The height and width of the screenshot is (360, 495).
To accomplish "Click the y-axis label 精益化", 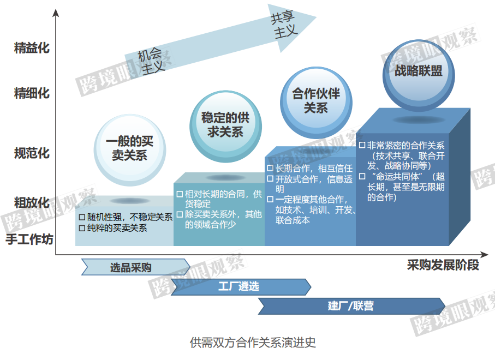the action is pos(32,48).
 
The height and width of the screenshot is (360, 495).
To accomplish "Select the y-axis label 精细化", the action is pos(32,93).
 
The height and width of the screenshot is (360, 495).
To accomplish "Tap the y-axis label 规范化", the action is pos(32,153).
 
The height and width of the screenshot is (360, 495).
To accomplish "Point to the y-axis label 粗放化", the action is pos(32,202).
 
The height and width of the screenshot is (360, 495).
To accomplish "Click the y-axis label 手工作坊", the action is pos(29,239).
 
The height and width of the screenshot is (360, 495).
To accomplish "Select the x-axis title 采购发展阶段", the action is pos(443,265).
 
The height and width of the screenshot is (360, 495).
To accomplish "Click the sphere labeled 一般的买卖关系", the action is pos(130,150).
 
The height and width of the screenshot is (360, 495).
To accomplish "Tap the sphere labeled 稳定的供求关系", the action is pos(225,127).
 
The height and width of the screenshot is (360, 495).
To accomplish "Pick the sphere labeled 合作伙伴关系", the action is pos(316,103).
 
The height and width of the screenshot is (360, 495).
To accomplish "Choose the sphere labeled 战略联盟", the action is pos(419,76).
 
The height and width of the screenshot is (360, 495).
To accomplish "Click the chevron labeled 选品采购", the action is pos(136,267).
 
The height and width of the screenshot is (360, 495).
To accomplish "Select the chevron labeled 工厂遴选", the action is pos(241,287).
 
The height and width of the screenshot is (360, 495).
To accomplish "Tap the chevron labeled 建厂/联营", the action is pos(351,306).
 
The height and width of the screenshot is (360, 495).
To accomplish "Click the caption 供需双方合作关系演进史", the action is pos(253,343).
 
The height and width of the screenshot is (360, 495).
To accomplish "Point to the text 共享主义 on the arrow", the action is pos(283,25).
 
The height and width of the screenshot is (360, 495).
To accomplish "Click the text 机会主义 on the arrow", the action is pos(151,61).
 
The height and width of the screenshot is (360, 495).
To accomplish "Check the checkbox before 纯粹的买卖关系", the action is pos(82,228).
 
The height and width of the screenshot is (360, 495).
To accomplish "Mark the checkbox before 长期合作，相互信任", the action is pos(270,168).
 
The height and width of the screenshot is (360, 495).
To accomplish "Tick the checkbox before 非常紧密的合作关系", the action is pos(362,145).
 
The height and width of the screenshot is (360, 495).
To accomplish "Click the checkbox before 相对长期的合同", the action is pos(180,194).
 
